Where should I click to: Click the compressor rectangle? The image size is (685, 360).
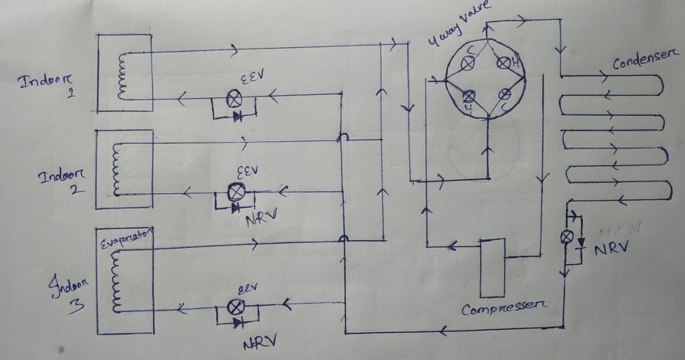click(491, 268)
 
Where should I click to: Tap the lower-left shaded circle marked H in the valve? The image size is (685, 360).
click(468, 96)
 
